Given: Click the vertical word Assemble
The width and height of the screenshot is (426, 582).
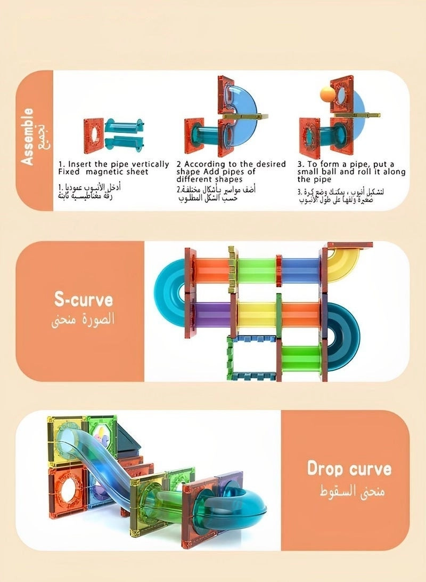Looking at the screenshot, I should pos(28,136).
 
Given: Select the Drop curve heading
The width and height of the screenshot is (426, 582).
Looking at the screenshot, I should pos(349,469).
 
